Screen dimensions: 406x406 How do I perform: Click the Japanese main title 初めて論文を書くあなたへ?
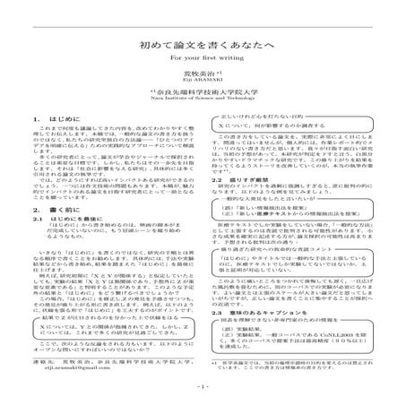(203, 42)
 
